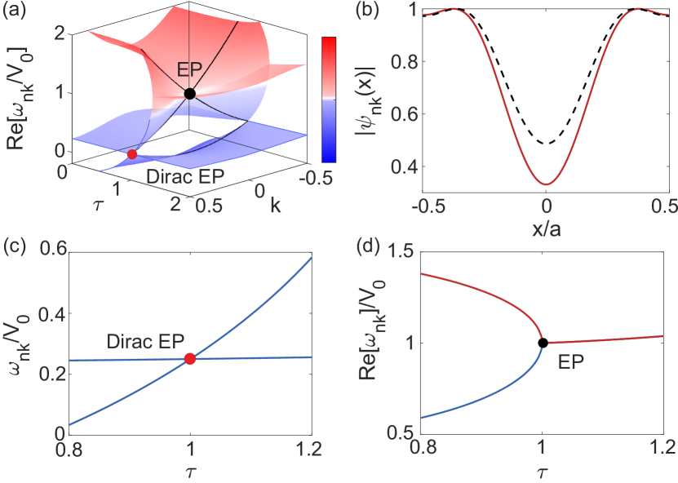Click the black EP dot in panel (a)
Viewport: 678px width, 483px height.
(189, 94)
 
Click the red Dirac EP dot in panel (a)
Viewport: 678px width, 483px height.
(132, 154)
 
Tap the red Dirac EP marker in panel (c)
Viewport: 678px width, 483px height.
(190, 358)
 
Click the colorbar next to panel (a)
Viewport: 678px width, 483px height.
(329, 99)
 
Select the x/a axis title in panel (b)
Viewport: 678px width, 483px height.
(547, 231)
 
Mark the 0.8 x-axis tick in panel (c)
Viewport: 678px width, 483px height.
(69, 448)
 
